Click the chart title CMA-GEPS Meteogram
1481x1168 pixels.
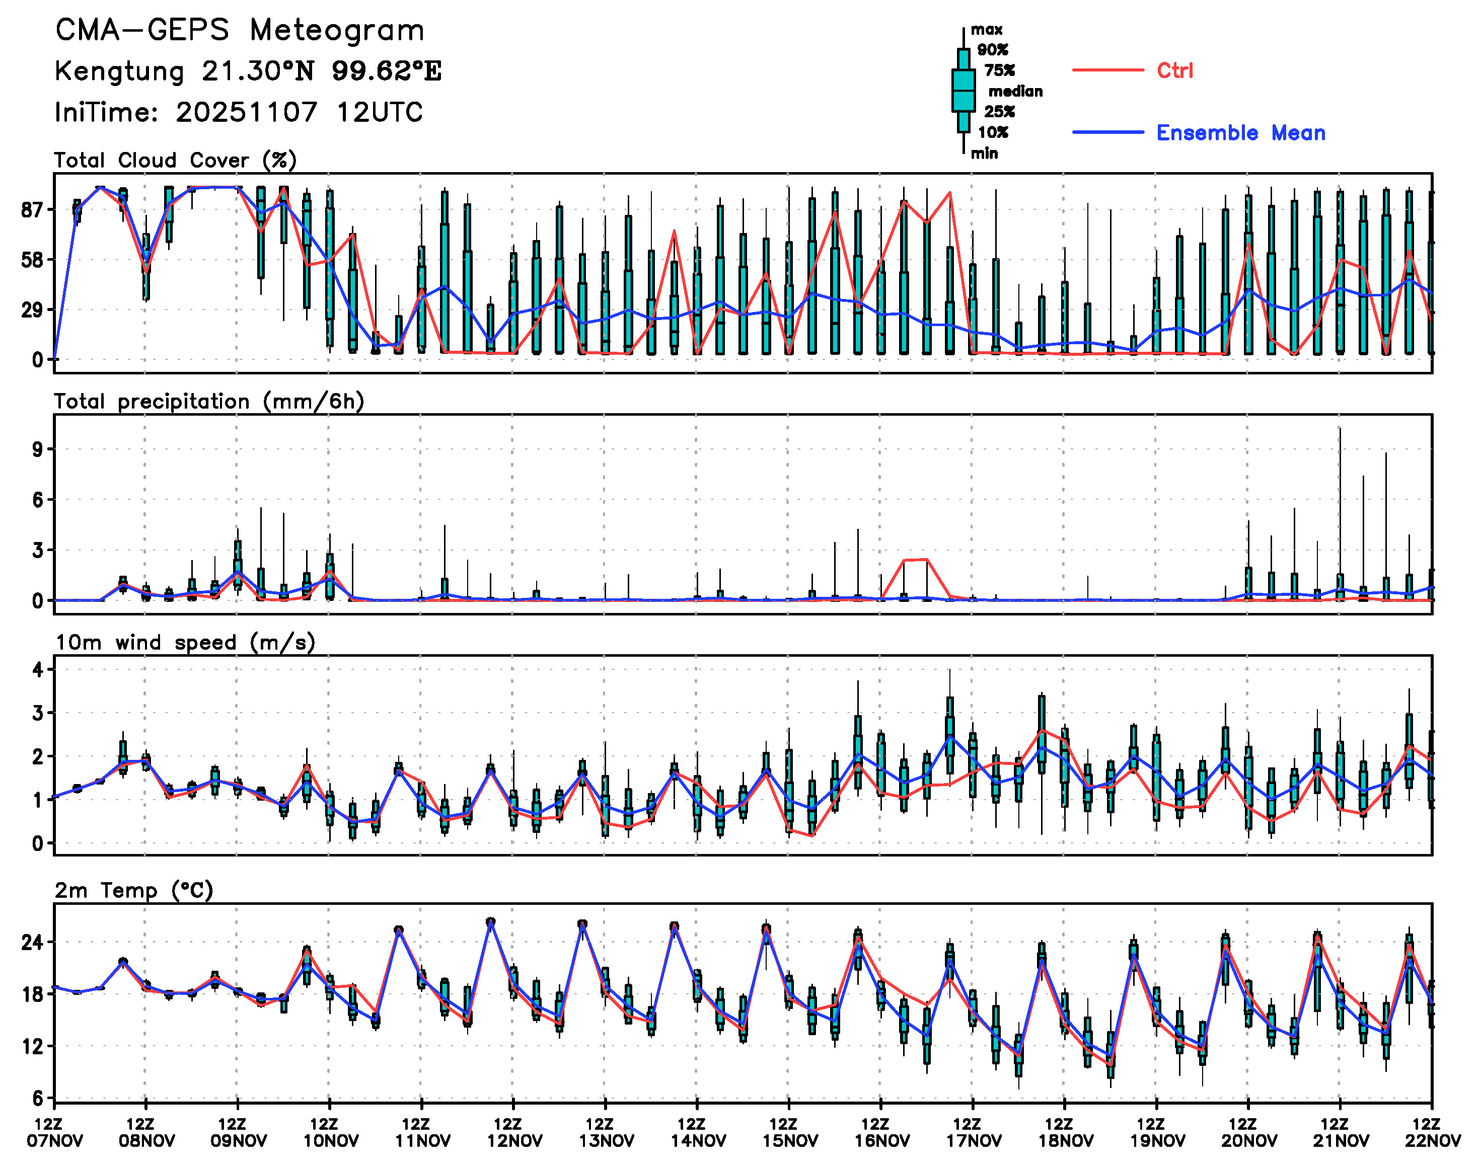coord(240,31)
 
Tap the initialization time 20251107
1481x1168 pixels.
coord(246,112)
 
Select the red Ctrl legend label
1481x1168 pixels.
coord(1174,70)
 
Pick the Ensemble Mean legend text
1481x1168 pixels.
coord(1240,133)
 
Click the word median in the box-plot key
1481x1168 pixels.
coord(1015,92)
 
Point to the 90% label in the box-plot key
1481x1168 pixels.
coord(992,50)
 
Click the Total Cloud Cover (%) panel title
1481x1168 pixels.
coord(175,161)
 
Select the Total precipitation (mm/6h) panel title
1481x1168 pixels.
coord(208,402)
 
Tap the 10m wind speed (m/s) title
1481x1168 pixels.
coord(185,643)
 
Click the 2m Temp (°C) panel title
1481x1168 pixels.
coord(134,890)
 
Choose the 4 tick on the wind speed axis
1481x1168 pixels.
coord(38,669)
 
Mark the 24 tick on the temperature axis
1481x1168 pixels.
coord(32,943)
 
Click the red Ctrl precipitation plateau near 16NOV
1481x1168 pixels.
coord(915,560)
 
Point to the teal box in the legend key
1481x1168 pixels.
coord(963,90)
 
